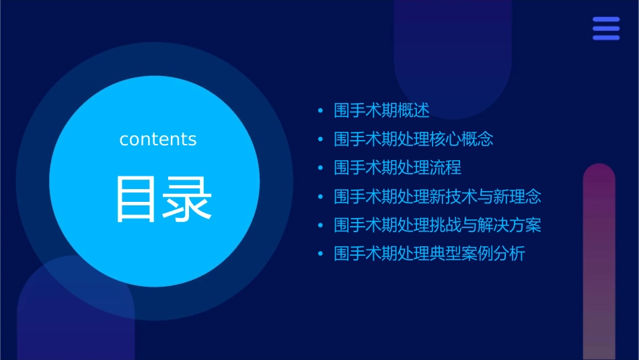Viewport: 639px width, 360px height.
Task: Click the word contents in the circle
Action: click(x=158, y=139)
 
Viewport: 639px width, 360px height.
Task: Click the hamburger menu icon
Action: click(x=606, y=28)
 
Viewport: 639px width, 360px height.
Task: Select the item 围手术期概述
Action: click(x=381, y=110)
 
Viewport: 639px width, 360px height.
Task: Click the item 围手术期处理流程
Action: click(x=398, y=168)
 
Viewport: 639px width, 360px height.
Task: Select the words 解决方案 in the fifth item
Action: click(x=509, y=225)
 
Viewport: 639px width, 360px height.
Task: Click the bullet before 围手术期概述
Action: click(x=321, y=111)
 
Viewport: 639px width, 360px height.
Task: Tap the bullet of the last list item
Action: click(x=321, y=254)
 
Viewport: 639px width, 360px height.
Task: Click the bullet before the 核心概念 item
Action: click(x=321, y=140)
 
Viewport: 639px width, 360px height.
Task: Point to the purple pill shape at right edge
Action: click(x=599, y=262)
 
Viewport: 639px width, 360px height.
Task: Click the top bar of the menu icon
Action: click(x=606, y=20)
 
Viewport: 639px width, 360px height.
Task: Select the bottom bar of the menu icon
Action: click(x=606, y=37)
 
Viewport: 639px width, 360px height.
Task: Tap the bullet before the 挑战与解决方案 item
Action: click(x=321, y=225)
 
